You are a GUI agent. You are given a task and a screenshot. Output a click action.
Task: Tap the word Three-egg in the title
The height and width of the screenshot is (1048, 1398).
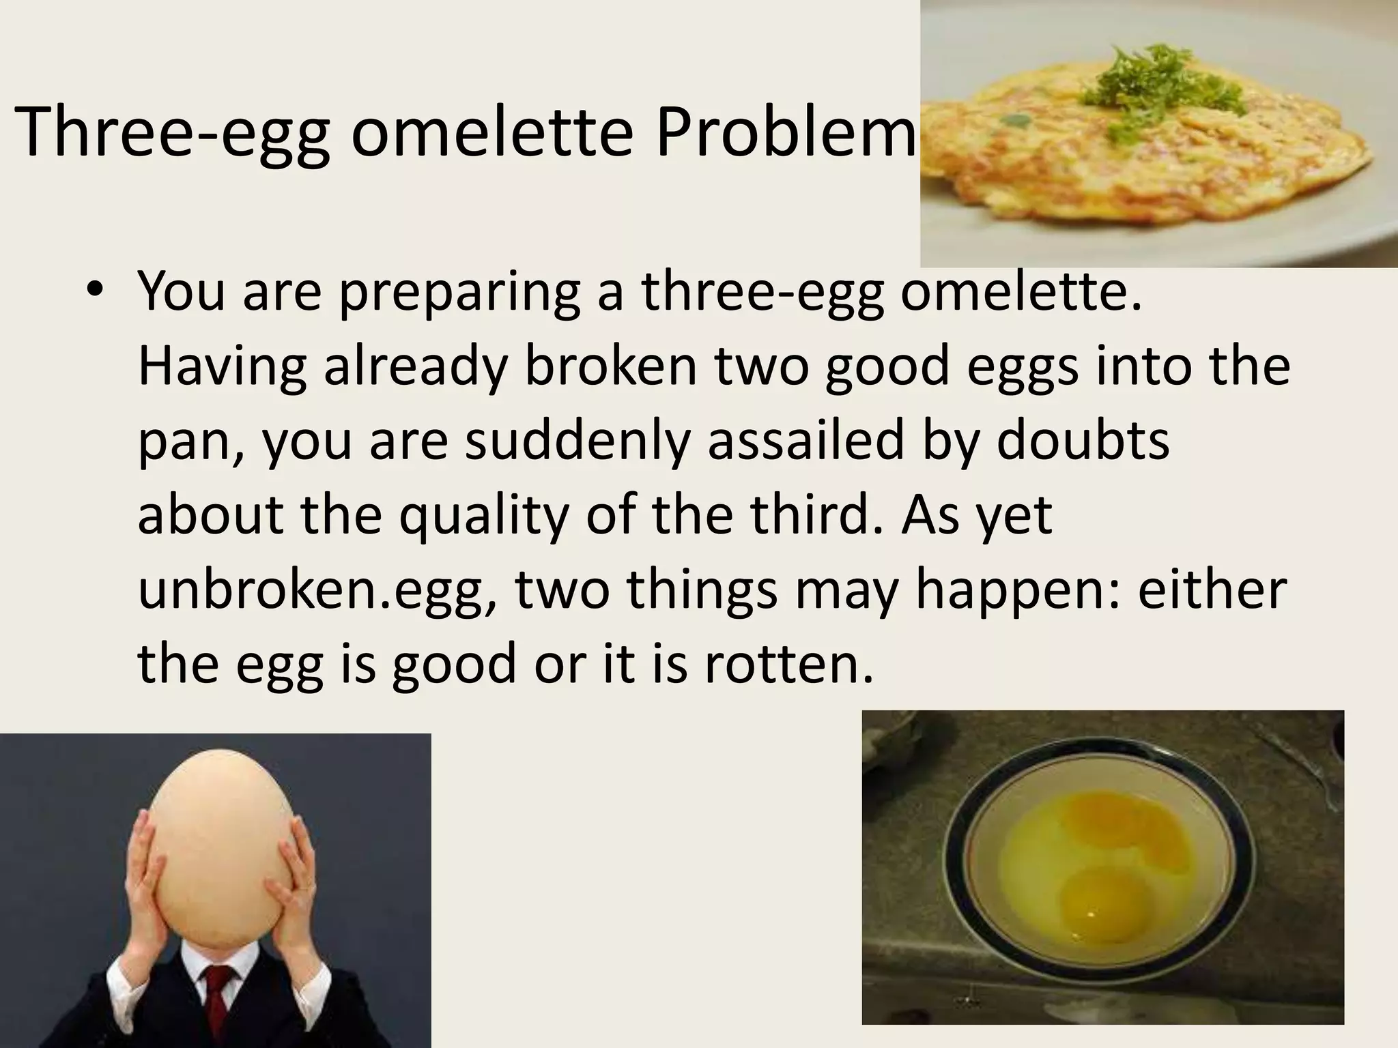coord(174,133)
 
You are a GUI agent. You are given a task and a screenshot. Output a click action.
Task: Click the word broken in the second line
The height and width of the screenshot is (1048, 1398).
coord(611,366)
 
